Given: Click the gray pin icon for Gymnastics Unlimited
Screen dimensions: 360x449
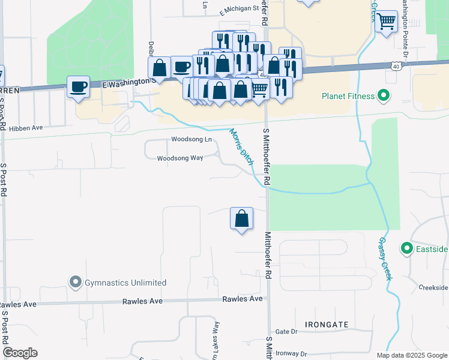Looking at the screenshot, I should (75, 281).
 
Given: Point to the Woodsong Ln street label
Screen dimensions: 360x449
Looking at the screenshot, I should (191, 140).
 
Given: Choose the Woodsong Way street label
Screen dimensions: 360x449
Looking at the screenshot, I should (179, 159).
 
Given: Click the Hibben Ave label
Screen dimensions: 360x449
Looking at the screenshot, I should (25, 128).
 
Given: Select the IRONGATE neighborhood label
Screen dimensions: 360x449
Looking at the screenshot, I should (327, 325).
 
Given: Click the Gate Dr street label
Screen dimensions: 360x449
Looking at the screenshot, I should (286, 332).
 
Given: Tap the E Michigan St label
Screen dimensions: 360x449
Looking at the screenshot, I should (238, 10).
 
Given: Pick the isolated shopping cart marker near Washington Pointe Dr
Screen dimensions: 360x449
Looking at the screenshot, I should (387, 22).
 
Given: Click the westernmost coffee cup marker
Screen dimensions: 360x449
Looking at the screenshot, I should (78, 86).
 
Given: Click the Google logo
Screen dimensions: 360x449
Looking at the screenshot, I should (20, 353).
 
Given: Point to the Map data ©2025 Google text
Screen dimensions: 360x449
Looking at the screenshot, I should (411, 355).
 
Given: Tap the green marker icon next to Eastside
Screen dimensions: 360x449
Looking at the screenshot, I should (406, 248).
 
